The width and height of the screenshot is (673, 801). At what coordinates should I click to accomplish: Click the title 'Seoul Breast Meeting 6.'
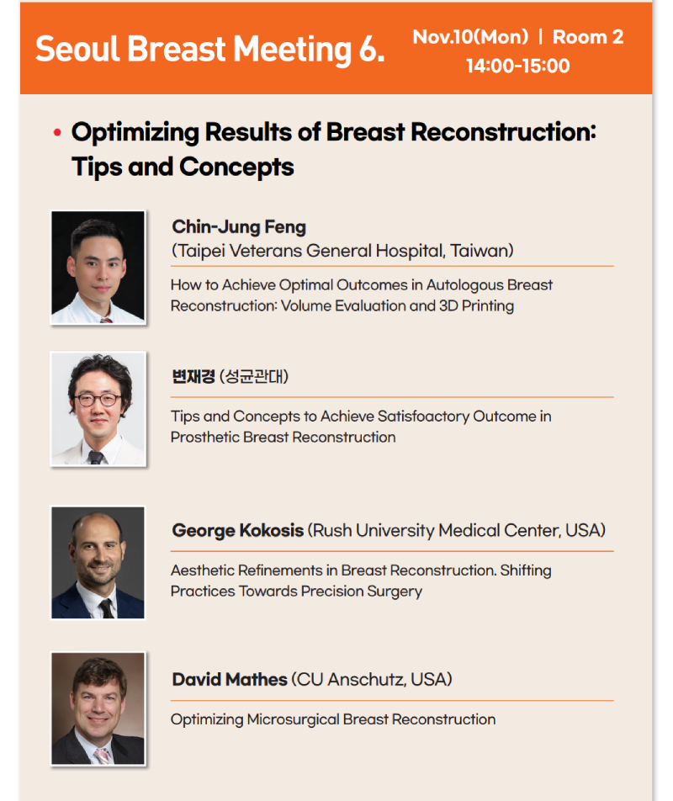tap(209, 50)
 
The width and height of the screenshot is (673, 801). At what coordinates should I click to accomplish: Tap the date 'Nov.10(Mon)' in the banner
tap(470, 37)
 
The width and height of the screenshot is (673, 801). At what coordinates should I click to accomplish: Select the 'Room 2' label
tap(588, 37)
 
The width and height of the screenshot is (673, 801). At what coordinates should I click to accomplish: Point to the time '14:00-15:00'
tap(517, 66)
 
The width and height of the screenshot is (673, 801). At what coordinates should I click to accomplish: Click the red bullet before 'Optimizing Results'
tap(57, 133)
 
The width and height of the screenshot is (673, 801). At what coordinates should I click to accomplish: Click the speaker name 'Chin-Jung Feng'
tap(239, 227)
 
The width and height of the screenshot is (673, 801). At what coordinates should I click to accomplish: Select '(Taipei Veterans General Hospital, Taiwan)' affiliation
tap(342, 251)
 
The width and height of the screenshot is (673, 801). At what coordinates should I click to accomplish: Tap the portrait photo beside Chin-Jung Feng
tap(98, 268)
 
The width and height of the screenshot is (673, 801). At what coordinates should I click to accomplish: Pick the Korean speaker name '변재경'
tap(193, 376)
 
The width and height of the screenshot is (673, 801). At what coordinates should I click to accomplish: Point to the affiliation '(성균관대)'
tap(254, 376)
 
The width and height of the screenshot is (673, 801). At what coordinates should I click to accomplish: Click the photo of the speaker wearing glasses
tap(98, 409)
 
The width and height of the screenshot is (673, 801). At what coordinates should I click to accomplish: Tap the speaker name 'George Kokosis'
tap(238, 530)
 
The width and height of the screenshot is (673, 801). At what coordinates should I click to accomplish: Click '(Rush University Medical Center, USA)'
tap(457, 530)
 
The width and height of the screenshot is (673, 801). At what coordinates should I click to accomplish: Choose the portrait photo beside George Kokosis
tap(98, 562)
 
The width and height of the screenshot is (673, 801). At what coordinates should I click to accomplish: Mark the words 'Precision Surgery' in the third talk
tap(362, 591)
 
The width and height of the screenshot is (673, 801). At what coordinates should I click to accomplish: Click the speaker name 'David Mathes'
tap(230, 680)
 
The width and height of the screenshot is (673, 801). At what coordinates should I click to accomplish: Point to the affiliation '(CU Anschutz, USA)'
tap(372, 680)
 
